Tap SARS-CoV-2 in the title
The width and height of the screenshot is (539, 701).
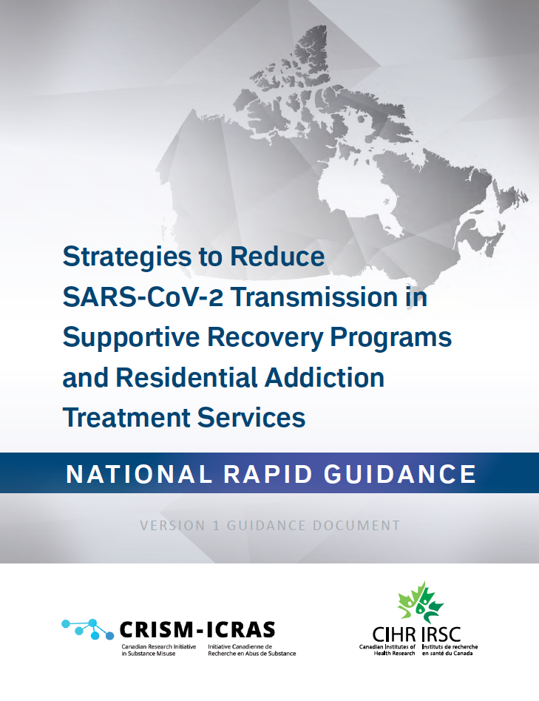(x=143, y=297)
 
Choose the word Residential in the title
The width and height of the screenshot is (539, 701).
(x=186, y=377)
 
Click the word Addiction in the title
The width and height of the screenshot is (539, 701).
(x=325, y=377)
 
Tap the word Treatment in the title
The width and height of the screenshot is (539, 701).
(x=126, y=418)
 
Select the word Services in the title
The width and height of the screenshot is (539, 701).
(x=251, y=418)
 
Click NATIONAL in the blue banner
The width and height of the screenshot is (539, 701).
(x=138, y=474)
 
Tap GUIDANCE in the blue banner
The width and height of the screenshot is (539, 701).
(x=400, y=474)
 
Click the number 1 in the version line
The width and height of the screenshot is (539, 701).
(x=217, y=525)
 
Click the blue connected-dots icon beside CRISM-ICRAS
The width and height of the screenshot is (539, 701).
(x=87, y=629)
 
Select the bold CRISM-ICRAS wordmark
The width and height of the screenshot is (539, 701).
(x=197, y=630)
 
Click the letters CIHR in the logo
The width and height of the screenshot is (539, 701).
(x=394, y=634)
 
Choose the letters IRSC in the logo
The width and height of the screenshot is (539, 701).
(x=441, y=634)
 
